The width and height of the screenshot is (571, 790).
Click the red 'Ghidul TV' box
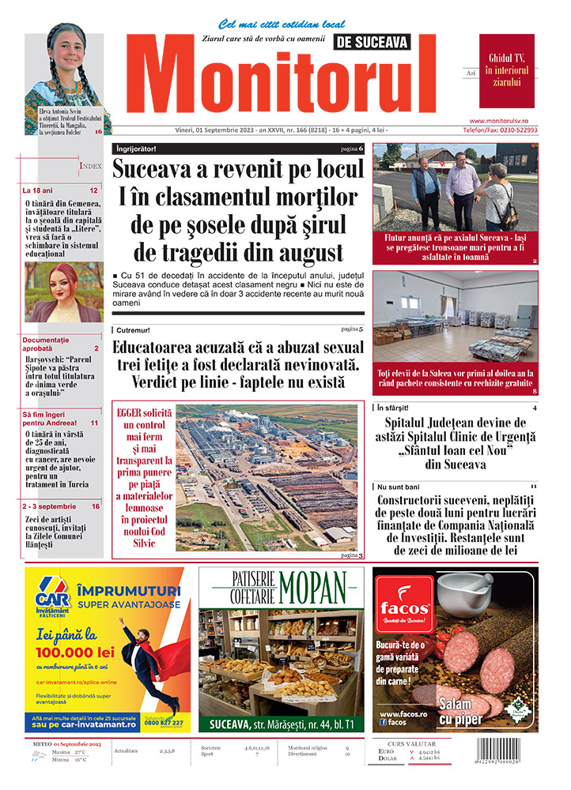(x=507, y=70)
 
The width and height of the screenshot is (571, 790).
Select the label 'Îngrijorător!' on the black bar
(x=135, y=149)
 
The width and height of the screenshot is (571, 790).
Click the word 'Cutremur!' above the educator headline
(x=132, y=329)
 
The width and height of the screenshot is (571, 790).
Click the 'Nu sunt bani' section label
(x=399, y=486)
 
